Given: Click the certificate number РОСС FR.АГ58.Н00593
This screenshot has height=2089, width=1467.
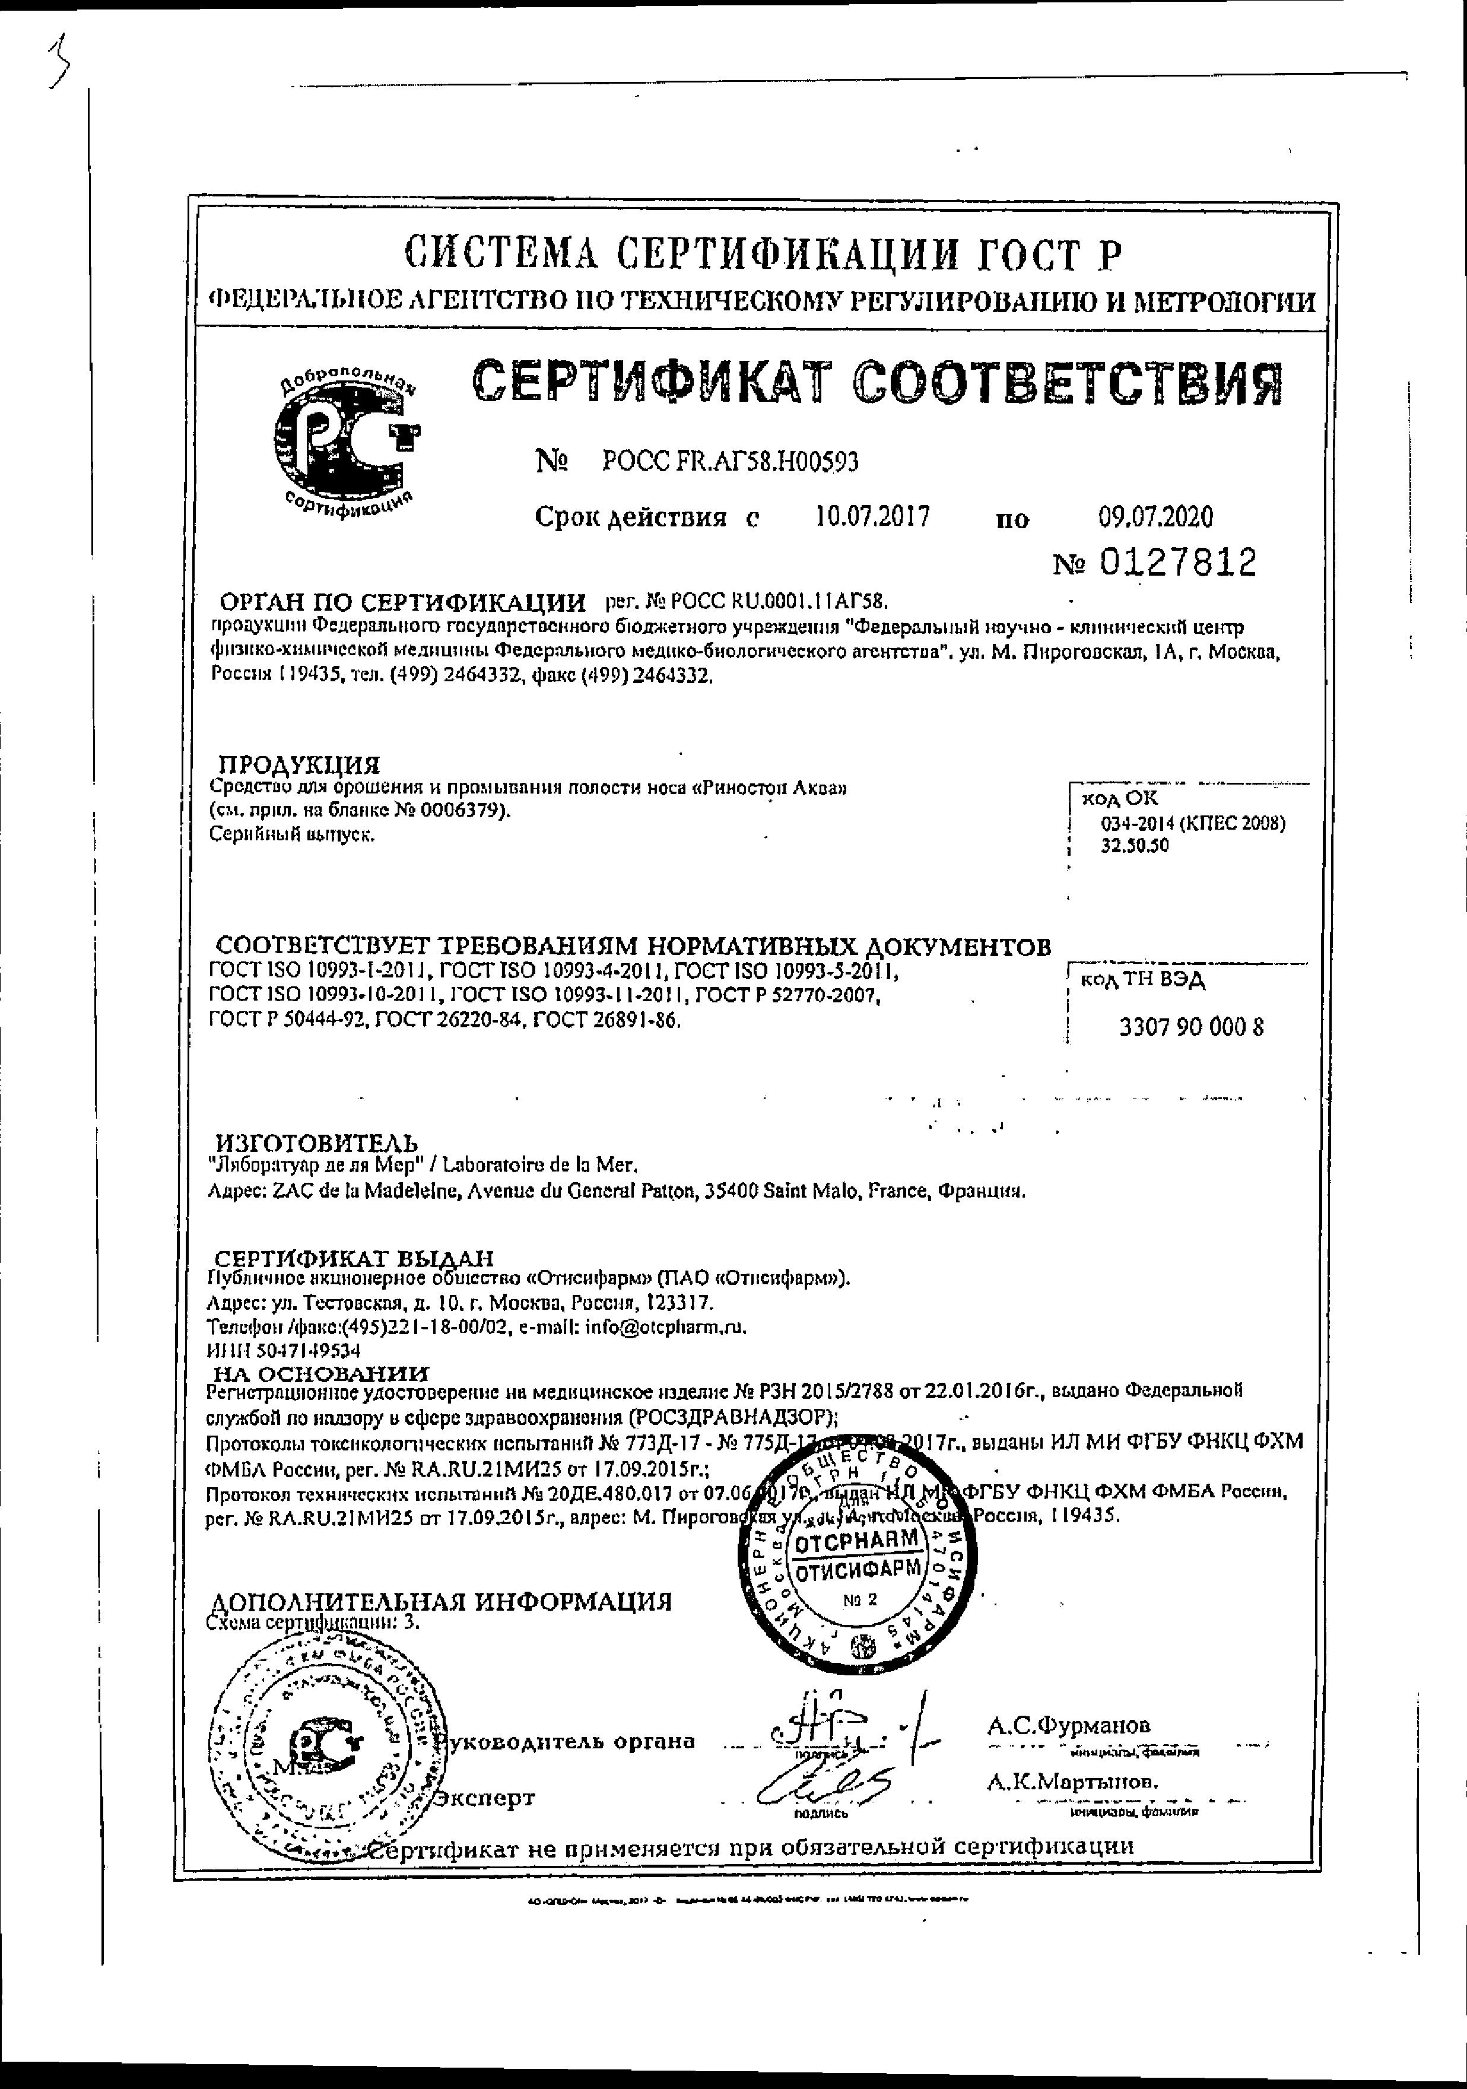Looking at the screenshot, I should (x=730, y=462).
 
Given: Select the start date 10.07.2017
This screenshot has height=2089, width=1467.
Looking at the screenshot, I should (x=872, y=517).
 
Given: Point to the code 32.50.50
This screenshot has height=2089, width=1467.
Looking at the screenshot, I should (x=1135, y=845).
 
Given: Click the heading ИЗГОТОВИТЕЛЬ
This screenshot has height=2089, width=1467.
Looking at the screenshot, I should (x=317, y=1143).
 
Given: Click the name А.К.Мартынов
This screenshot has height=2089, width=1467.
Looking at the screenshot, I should (x=1072, y=1782).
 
